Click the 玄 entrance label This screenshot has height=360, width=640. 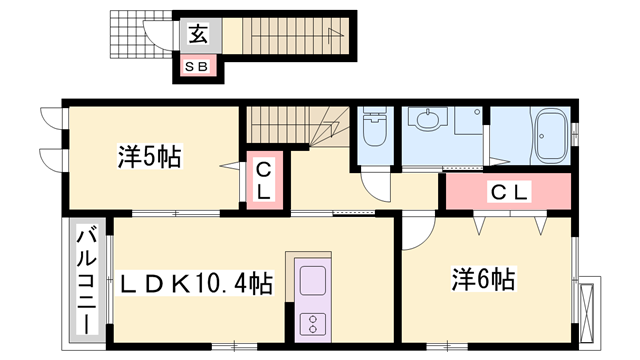coord(198,34)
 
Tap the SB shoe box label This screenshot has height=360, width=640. coord(197,66)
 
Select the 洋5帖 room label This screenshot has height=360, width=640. coord(149,156)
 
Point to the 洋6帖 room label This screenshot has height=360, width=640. coord(483,279)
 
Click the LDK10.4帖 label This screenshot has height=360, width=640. coord(196,283)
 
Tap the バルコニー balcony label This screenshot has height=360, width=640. coord(87,282)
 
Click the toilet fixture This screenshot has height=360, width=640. coord(375,126)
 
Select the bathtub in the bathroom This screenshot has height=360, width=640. coord(550,136)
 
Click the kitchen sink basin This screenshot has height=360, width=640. coord(313,280)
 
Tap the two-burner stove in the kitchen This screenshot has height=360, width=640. coord(313,324)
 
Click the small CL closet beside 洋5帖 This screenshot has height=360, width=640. coord(264,180)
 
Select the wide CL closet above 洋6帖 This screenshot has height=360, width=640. coord(508,191)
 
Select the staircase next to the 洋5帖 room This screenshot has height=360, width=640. coord(298,125)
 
